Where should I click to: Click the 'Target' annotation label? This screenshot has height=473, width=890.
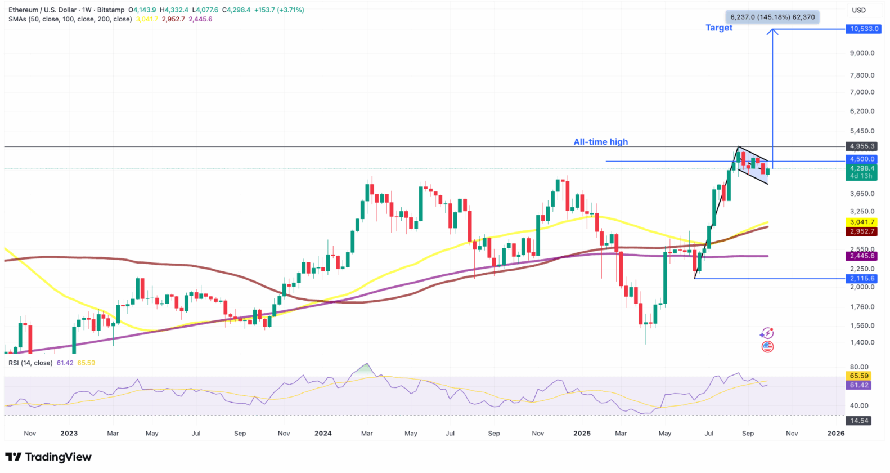tap(719, 28)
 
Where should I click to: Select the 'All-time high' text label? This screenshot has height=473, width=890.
tap(600, 142)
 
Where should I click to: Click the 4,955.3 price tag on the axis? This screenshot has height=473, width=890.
tap(862, 146)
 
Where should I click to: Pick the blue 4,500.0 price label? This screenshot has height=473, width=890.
tap(862, 159)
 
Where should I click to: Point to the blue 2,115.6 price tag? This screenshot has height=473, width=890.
tap(862, 278)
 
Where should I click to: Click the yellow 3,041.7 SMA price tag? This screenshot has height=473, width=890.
tap(862, 222)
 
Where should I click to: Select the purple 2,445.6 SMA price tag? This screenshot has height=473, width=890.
tap(862, 256)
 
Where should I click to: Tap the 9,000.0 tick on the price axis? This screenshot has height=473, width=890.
tap(862, 53)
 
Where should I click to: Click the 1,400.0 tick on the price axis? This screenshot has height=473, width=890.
tap(862, 342)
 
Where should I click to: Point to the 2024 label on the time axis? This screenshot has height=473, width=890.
tap(323, 434)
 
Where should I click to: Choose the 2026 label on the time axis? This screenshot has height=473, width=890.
tap(836, 434)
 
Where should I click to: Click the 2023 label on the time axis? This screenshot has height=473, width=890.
tap(69, 434)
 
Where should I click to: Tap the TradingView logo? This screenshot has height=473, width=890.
tap(48, 457)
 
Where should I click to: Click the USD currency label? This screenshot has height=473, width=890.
tap(858, 10)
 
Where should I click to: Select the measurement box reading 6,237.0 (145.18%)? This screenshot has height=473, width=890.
tap(772, 17)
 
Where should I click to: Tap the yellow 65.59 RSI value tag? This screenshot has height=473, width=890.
tap(859, 376)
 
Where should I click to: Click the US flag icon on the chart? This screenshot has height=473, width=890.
tap(767, 347)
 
